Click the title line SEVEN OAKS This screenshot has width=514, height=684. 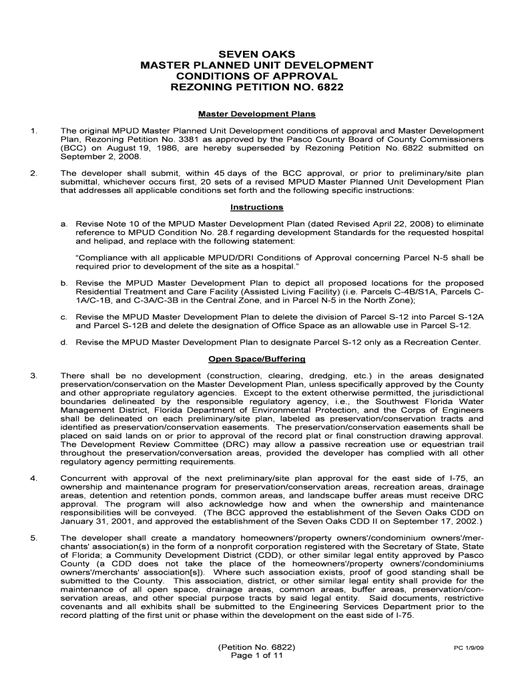tap(257, 53)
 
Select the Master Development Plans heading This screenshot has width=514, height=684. tap(257, 114)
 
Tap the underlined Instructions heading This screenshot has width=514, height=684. tap(257, 207)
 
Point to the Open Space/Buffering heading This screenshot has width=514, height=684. tap(257, 359)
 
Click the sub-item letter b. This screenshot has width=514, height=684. tap(64, 283)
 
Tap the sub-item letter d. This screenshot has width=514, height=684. tap(64, 342)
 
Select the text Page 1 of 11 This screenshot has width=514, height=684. tap(257, 657)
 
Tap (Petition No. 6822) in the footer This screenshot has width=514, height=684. tap(257, 648)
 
